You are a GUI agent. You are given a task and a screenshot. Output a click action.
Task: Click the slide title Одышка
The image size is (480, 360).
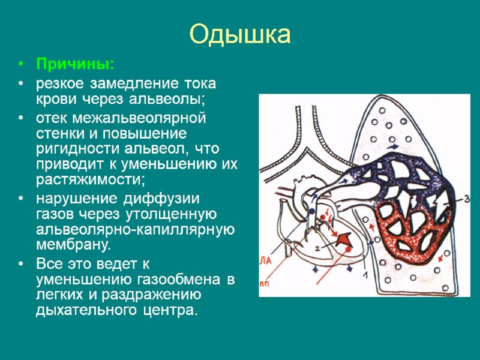pos(240,34)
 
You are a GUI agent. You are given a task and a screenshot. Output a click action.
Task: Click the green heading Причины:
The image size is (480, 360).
pos(74,64)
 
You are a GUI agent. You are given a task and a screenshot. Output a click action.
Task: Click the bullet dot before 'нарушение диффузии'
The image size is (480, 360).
pos(22,198)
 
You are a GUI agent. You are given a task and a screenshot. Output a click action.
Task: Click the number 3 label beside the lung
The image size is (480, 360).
pos(467,199)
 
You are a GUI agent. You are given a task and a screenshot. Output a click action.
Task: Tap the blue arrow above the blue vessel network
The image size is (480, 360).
pos(392,146)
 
